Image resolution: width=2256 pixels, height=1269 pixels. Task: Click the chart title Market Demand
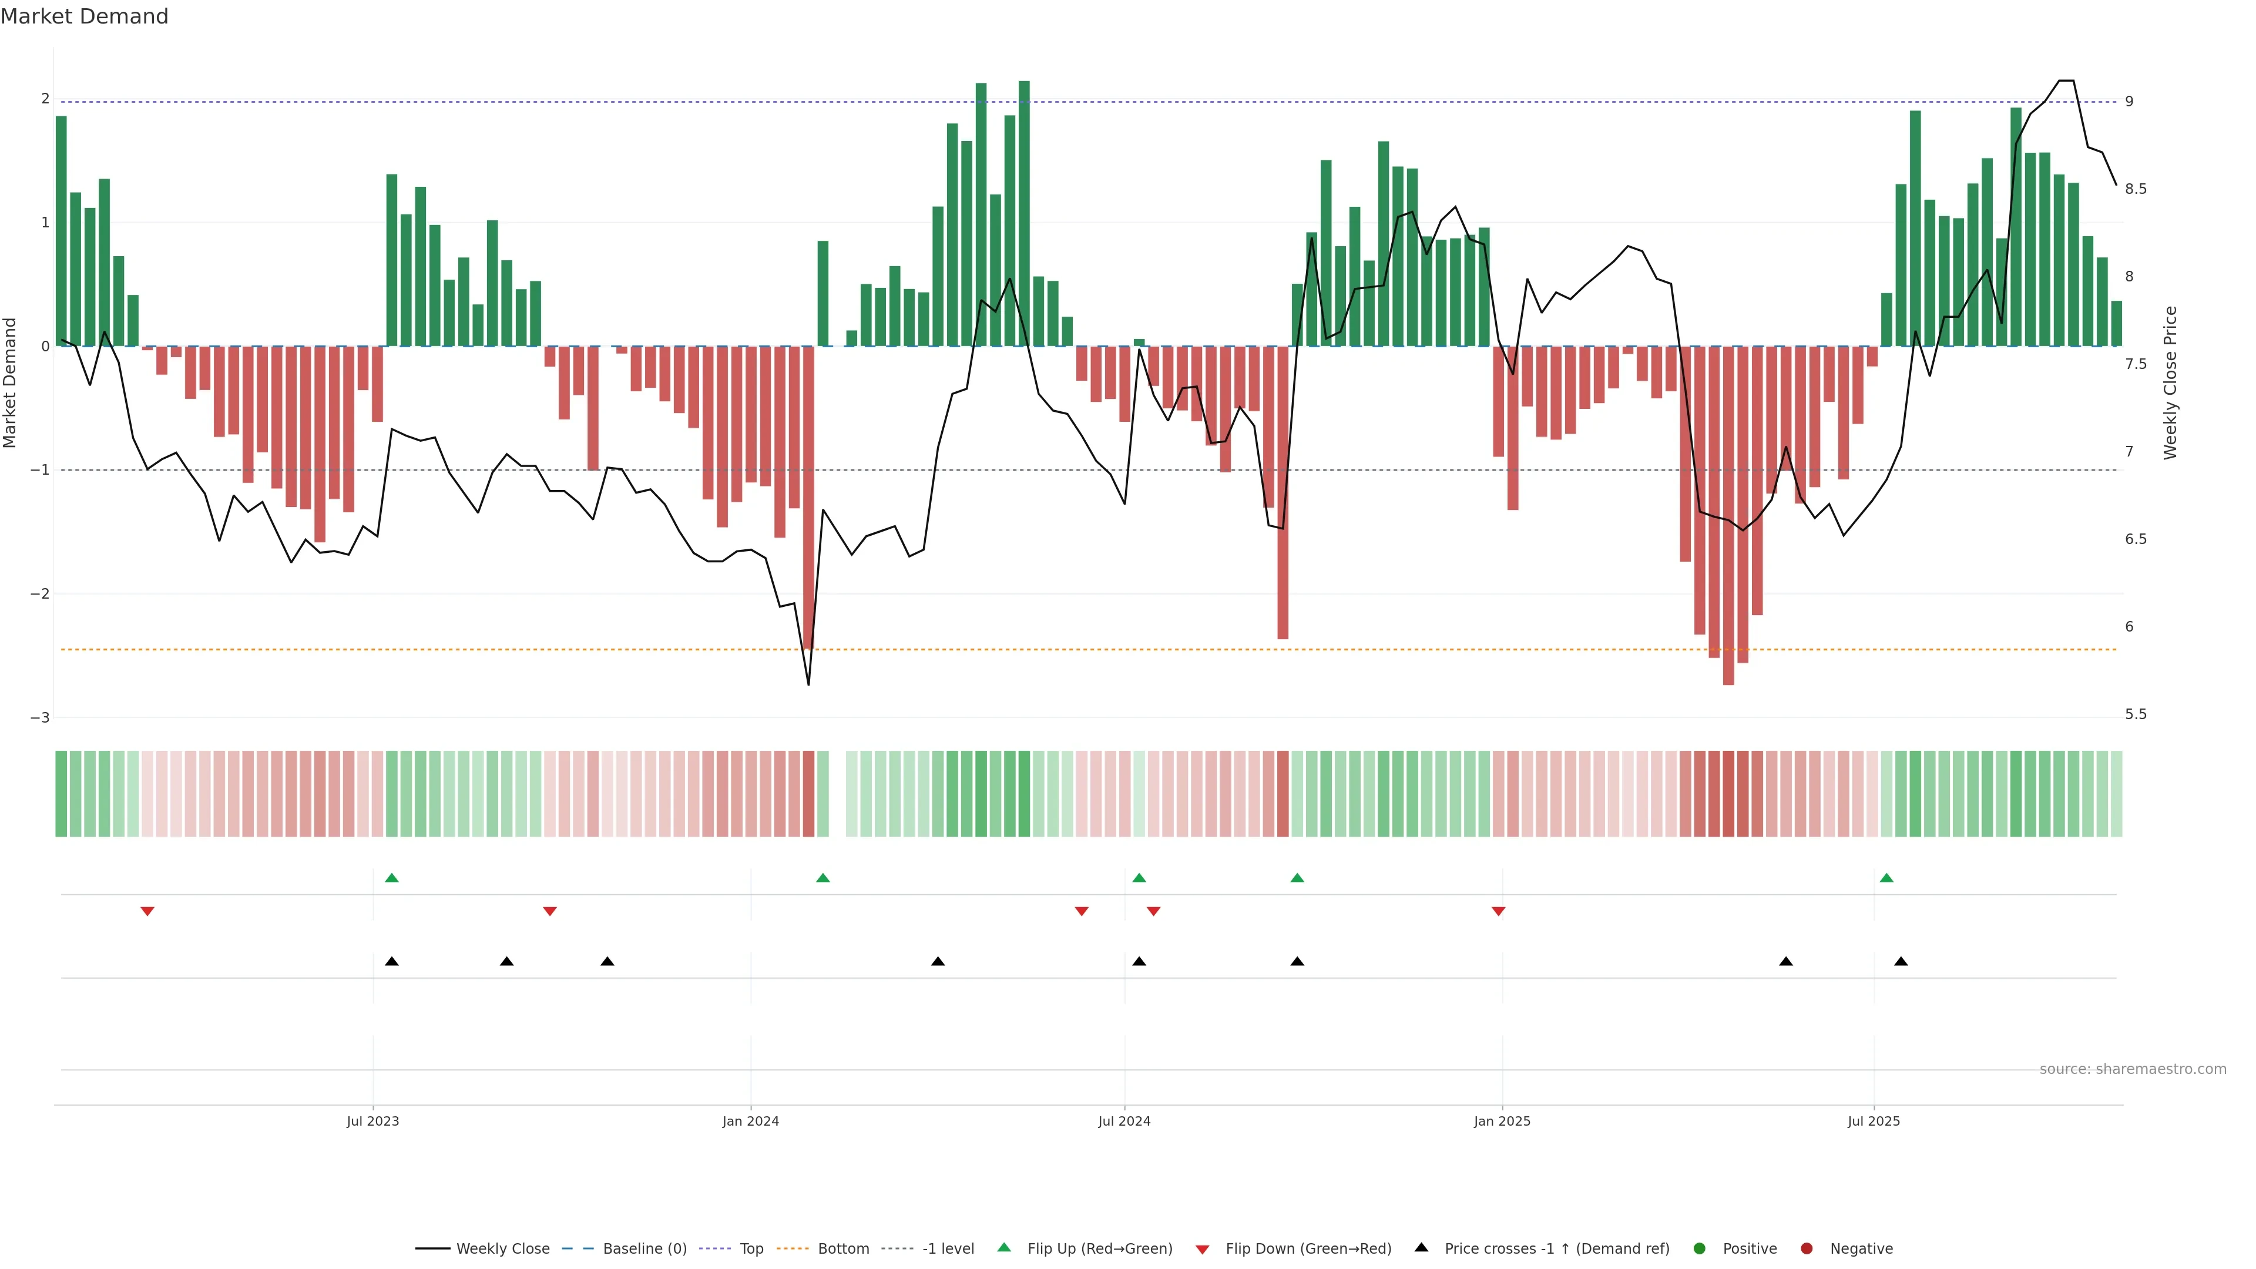point(84,16)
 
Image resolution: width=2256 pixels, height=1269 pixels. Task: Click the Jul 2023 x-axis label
point(372,1121)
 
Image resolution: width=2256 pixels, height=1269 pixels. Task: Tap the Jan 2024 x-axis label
point(751,1121)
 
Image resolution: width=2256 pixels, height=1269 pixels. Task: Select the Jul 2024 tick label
point(1124,1121)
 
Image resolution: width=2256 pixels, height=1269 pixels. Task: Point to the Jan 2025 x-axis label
point(1502,1121)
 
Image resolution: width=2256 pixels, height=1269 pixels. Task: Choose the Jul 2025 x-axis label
point(1874,1121)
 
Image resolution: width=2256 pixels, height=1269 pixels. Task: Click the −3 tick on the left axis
point(41,717)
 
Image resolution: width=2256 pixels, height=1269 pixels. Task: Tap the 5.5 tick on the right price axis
point(2135,714)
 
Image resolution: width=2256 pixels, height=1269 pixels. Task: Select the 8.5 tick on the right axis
point(2135,189)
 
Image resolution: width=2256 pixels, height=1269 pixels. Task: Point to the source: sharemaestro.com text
point(2133,1069)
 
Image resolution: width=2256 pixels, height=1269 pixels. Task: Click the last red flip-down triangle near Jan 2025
point(1499,912)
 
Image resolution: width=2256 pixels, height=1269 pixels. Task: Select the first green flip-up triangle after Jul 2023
point(391,878)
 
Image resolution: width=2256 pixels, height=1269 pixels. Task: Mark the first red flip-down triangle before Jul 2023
point(147,912)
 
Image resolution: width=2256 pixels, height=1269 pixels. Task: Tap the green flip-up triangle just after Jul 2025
point(1886,878)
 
